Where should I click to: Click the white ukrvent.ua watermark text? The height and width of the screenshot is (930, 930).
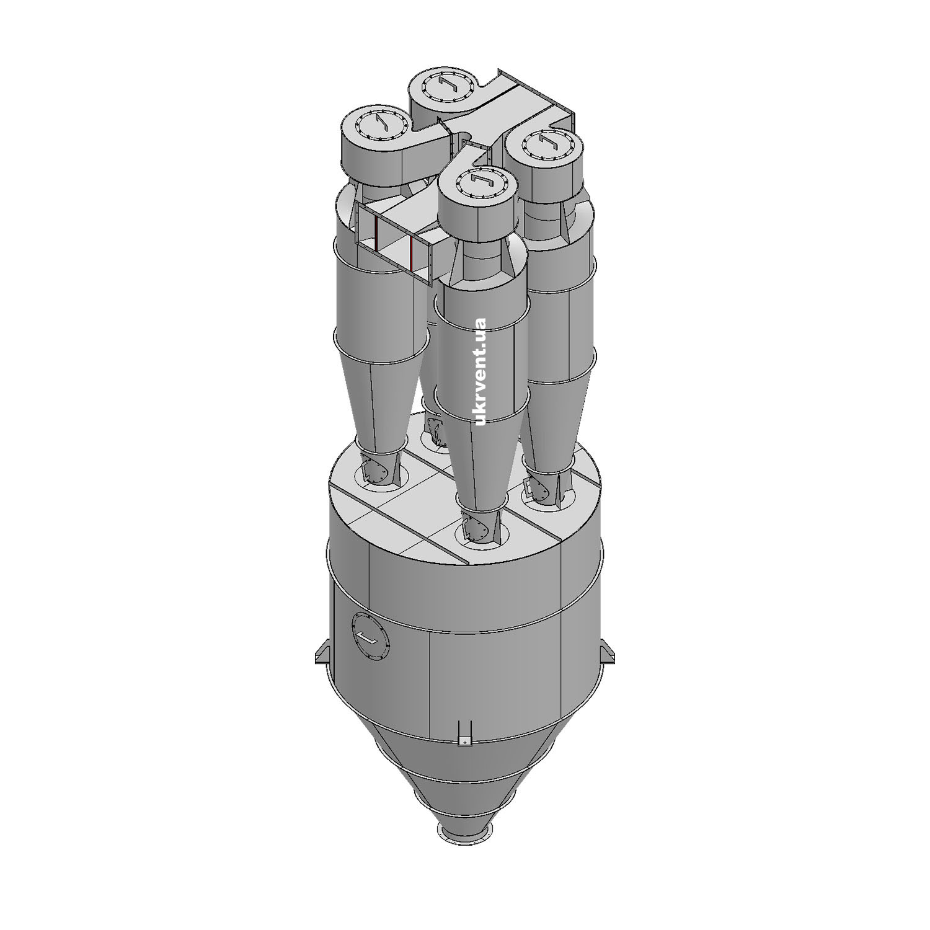(480, 371)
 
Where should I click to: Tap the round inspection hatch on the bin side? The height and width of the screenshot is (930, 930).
(371, 637)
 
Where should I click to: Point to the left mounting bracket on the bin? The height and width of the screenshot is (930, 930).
(324, 653)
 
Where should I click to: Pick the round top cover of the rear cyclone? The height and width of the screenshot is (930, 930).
(447, 86)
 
